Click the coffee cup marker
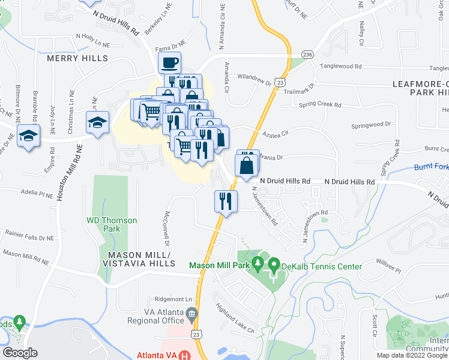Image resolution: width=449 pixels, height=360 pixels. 169,62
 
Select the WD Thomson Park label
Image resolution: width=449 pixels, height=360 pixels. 112,224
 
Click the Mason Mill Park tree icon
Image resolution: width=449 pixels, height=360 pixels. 258,263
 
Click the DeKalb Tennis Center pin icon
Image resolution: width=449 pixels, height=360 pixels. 274,263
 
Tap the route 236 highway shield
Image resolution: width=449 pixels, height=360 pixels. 307,53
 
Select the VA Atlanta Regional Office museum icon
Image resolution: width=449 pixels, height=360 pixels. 192,313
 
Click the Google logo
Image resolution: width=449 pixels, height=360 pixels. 20,352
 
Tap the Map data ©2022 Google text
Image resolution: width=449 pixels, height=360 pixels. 412,355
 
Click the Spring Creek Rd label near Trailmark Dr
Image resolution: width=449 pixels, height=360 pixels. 321,105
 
